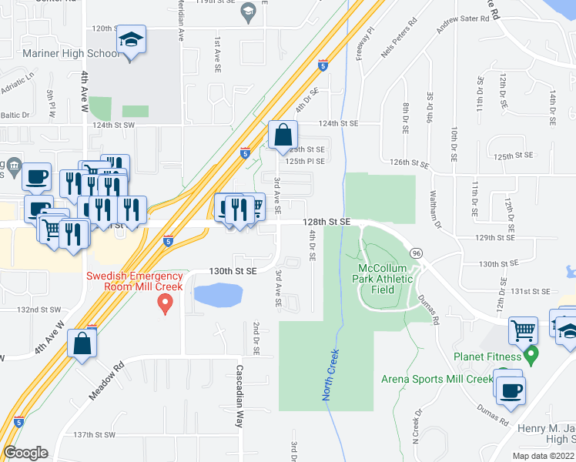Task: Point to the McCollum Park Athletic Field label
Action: [x=386, y=279]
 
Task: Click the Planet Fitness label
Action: [x=488, y=357]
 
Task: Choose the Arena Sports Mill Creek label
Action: [x=437, y=379]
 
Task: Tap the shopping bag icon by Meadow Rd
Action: [x=82, y=344]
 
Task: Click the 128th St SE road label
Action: [x=325, y=222]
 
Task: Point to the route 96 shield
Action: [x=416, y=253]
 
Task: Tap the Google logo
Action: [x=25, y=452]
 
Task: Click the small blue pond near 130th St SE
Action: [x=217, y=295]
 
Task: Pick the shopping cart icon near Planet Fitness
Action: [x=524, y=330]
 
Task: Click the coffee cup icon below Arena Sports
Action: [x=509, y=390]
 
